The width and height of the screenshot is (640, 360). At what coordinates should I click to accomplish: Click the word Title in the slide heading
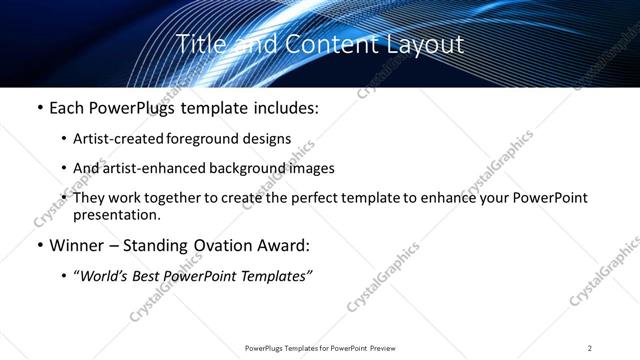tap(198, 44)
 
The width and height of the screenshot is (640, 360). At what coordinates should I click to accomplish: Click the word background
tap(262, 168)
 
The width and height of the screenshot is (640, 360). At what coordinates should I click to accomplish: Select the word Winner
tap(75, 245)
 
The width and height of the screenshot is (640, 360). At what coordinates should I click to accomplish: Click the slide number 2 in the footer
tap(590, 348)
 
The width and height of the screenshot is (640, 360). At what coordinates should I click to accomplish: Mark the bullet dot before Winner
tap(39, 245)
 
